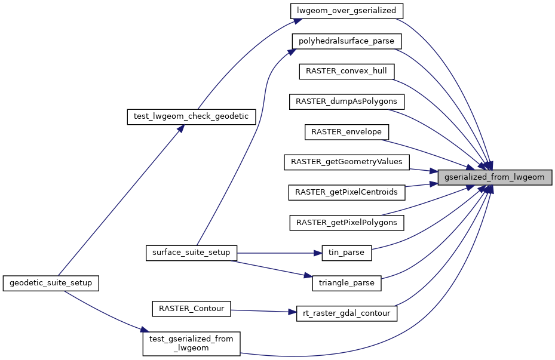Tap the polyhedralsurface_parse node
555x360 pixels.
pos(347,41)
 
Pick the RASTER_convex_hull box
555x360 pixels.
pos(347,71)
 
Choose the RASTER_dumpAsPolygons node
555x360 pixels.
pos(347,101)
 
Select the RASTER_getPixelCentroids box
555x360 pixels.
pos(347,192)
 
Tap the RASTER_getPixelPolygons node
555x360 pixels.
pos(347,222)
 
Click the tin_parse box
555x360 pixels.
pos(347,253)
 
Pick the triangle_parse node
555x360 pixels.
pos(347,283)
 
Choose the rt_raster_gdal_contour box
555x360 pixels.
pos(347,313)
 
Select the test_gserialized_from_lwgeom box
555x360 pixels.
pos(191,344)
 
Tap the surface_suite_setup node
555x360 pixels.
pos(191,253)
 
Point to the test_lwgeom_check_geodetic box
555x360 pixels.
pos(191,116)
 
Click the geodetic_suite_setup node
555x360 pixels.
pos(51,283)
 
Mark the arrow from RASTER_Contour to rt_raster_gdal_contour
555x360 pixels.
pos(263,311)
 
